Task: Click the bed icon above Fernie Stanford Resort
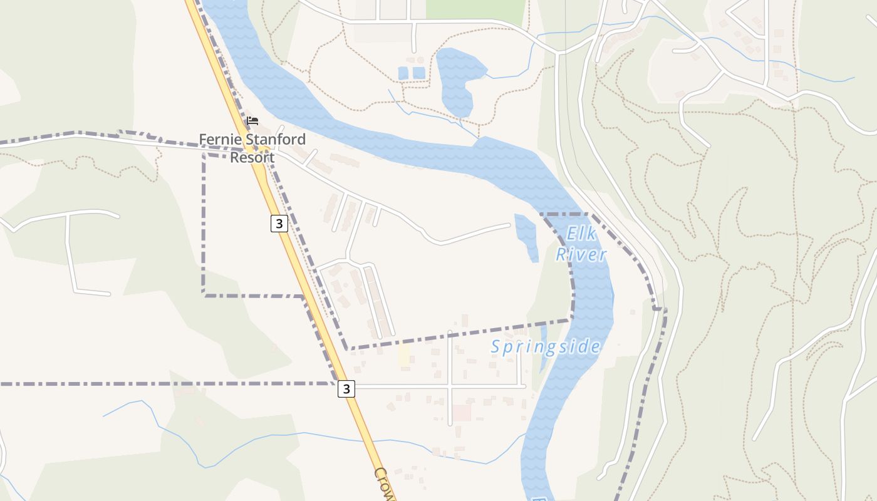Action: tap(252, 121)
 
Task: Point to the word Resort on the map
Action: tap(252, 157)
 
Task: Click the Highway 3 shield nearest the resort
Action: tap(279, 224)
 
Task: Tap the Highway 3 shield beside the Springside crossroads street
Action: tap(346, 389)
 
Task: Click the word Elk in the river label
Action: tap(579, 234)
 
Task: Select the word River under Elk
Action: tap(581, 254)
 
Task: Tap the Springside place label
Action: tap(545, 347)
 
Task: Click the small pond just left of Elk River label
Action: tap(526, 235)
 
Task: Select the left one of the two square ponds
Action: tap(403, 73)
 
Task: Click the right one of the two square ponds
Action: tap(418, 73)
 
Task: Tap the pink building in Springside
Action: tap(462, 413)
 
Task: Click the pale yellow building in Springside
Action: tap(403, 354)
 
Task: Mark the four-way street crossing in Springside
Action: tap(450, 386)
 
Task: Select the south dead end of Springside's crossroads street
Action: tap(450, 425)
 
